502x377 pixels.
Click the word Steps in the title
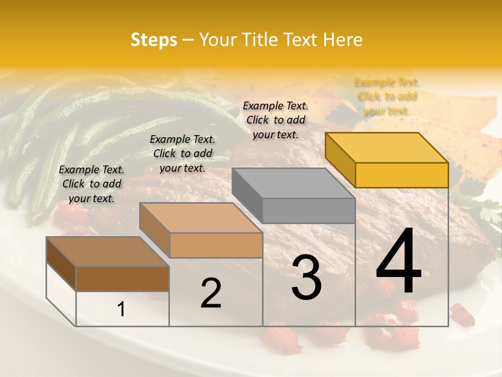click(153, 40)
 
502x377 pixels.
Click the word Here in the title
click(343, 40)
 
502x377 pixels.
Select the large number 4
click(398, 261)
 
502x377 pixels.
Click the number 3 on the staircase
click(306, 277)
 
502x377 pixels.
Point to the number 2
click(211, 293)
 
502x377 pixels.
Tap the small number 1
click(121, 309)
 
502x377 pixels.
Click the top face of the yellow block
click(386, 147)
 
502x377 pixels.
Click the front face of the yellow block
click(402, 175)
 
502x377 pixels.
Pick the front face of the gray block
click(309, 210)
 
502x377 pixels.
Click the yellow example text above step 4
click(386, 96)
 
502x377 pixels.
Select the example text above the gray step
click(276, 120)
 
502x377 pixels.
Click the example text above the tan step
click(182, 153)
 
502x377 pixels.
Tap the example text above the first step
click(92, 184)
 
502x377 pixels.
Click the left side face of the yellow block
click(340, 160)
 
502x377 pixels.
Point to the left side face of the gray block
click(247, 195)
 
